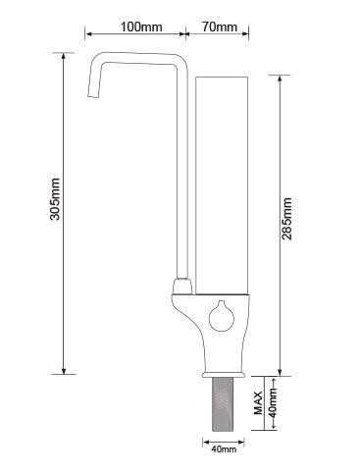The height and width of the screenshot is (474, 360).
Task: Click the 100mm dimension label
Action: (x=141, y=26)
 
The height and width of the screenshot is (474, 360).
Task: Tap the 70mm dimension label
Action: (x=220, y=26)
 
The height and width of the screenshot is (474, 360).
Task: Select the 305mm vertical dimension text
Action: (x=55, y=199)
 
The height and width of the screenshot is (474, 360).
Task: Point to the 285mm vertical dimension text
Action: (x=286, y=219)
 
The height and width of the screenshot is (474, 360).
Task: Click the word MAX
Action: (x=258, y=402)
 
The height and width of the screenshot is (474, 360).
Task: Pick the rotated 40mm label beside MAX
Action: (x=273, y=402)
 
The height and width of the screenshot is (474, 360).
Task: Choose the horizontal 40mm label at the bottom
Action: (x=224, y=449)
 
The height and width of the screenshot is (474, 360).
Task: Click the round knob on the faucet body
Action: (x=222, y=316)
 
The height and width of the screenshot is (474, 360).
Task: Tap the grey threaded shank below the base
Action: (x=223, y=404)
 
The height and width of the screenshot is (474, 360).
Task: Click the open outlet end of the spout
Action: (x=93, y=95)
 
